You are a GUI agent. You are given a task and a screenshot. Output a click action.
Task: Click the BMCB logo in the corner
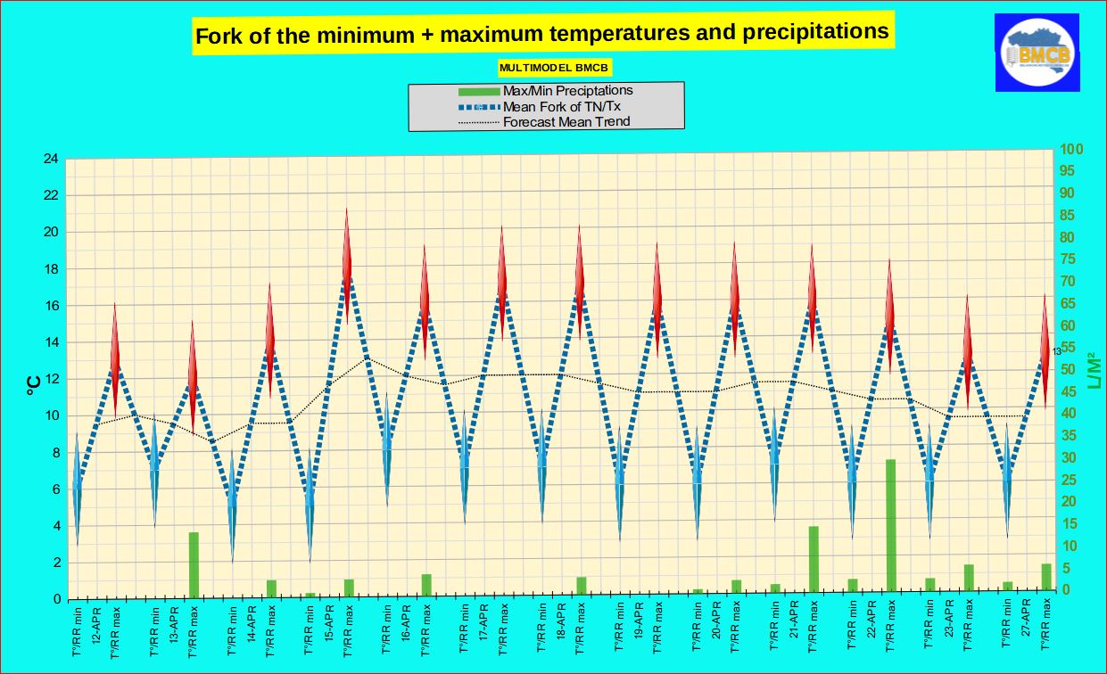click(1037, 53)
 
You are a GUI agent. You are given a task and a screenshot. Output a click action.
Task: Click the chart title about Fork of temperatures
click(542, 35)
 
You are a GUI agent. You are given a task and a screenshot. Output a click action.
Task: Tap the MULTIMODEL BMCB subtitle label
click(555, 67)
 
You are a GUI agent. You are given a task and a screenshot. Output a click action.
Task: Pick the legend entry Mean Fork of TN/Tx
click(561, 106)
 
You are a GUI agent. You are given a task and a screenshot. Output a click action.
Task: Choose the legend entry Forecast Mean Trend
click(566, 121)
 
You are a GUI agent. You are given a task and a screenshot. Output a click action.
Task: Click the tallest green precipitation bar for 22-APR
click(890, 525)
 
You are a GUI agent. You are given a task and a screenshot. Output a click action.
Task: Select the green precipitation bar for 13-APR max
click(193, 564)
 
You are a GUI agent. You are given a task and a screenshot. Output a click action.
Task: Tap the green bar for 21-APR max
click(814, 558)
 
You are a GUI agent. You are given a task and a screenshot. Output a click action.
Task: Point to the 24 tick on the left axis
click(51, 159)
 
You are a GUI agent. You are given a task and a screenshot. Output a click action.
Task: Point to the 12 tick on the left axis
click(51, 379)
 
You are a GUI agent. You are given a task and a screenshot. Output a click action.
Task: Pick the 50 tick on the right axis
click(1068, 369)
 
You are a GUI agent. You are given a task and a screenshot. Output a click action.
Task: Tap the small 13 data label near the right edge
click(1056, 351)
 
